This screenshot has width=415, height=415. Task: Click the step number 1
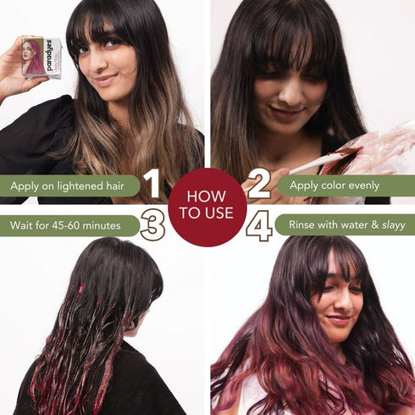tap(152, 185)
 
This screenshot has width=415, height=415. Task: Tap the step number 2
tap(258, 185)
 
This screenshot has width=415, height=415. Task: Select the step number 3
tap(152, 225)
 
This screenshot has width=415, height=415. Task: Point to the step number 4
tap(258, 225)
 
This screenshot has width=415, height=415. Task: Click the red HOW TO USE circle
tap(207, 206)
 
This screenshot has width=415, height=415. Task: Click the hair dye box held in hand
tap(41, 58)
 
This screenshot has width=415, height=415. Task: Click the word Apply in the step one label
tap(25, 185)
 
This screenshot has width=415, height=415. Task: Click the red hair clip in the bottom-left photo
tap(81, 288)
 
